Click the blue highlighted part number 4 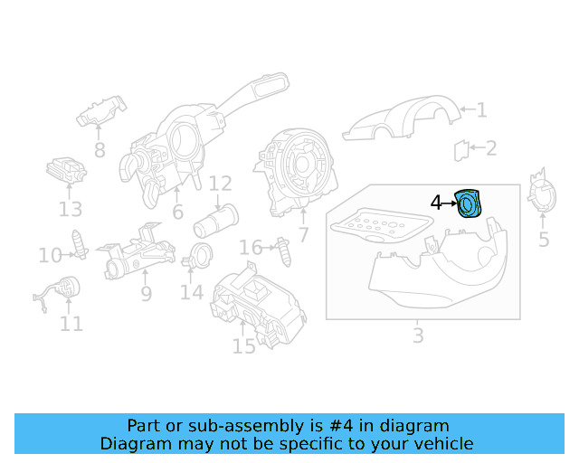pos(469,203)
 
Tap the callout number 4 pos(436,203)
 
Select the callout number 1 pos(481,109)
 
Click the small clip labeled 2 pos(461,150)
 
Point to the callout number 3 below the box pos(418,335)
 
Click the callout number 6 pos(177,212)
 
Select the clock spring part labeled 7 pos(296,172)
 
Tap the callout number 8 pos(100,150)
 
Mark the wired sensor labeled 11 pos(58,291)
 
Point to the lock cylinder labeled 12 pos(215,221)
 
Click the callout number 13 pos(71,209)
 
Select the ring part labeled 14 pos(198,256)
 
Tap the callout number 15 pos(243,346)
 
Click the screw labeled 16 pos(285,251)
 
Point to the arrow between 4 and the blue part pos(450,203)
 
